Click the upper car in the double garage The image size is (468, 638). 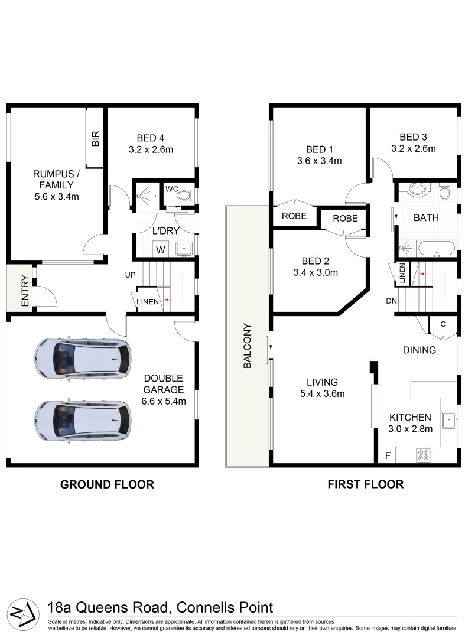coord(82,359)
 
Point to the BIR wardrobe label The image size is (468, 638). coord(95,139)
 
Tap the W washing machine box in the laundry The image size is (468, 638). coord(160,249)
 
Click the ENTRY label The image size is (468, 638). coord(25,291)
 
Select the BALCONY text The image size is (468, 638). coord(248,346)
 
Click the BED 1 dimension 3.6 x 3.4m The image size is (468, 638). coord(320,160)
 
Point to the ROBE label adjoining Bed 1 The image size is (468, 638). coord(294,216)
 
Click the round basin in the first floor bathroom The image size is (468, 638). coord(420,191)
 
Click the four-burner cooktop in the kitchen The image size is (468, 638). coord(424,455)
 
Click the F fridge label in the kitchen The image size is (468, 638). coord(388,455)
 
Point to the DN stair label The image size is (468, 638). coord(391,301)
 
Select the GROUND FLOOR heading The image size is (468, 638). coord(107,484)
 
